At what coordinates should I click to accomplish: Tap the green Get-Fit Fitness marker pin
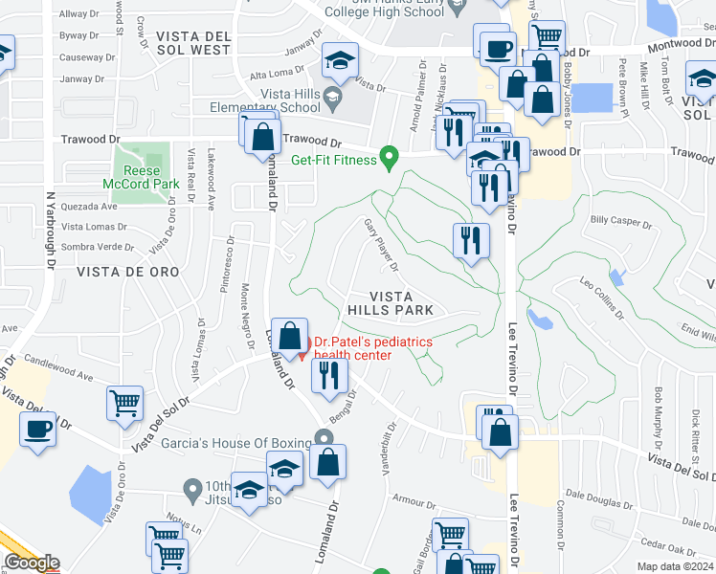[x=389, y=156]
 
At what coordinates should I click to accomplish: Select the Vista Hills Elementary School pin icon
[x=332, y=96]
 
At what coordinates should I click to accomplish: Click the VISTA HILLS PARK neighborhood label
[x=391, y=303]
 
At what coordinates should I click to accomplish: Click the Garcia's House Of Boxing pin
[x=324, y=439]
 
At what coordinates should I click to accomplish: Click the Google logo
[x=32, y=563]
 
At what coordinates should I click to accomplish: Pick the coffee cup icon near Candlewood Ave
[x=37, y=430]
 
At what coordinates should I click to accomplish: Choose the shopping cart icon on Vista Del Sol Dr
[x=125, y=405]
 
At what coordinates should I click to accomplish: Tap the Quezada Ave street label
[x=89, y=206]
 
